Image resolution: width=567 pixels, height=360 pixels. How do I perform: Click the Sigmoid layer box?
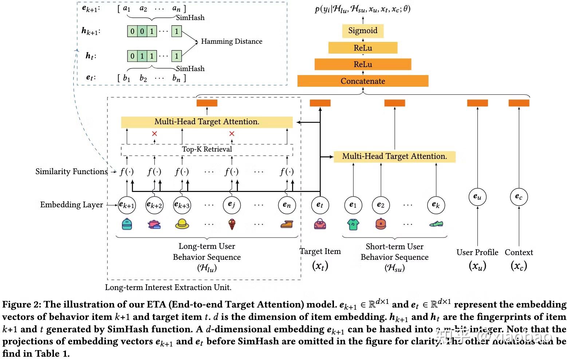tap(363, 31)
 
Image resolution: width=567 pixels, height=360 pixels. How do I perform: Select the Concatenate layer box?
tap(363, 81)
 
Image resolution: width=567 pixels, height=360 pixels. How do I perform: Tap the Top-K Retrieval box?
tap(207, 149)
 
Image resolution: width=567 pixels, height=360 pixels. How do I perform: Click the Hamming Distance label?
tap(232, 42)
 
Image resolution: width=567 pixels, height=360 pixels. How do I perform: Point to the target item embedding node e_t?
tap(320, 205)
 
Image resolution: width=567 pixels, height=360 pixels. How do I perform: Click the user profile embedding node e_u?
tap(477, 197)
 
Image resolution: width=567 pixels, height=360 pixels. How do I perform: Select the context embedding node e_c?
tap(519, 197)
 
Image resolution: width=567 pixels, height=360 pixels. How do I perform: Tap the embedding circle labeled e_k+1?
tap(127, 205)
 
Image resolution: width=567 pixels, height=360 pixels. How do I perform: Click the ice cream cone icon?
tap(232, 224)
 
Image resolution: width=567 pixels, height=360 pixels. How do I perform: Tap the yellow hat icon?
tap(182, 224)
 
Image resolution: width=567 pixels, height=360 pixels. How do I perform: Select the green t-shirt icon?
tap(353, 224)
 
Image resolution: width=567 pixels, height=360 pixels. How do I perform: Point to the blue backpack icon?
tap(127, 224)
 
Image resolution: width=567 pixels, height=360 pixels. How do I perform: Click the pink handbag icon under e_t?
tap(320, 224)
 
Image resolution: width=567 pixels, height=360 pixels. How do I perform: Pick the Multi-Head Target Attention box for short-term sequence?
tap(394, 157)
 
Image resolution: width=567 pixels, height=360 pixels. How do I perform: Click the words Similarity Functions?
tap(71, 172)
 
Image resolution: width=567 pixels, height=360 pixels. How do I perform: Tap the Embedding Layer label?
tap(71, 205)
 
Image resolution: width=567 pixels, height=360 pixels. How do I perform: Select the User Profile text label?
tap(477, 252)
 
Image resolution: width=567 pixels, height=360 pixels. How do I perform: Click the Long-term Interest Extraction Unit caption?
tap(168, 287)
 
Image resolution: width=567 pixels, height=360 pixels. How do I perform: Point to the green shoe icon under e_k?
tap(436, 224)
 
